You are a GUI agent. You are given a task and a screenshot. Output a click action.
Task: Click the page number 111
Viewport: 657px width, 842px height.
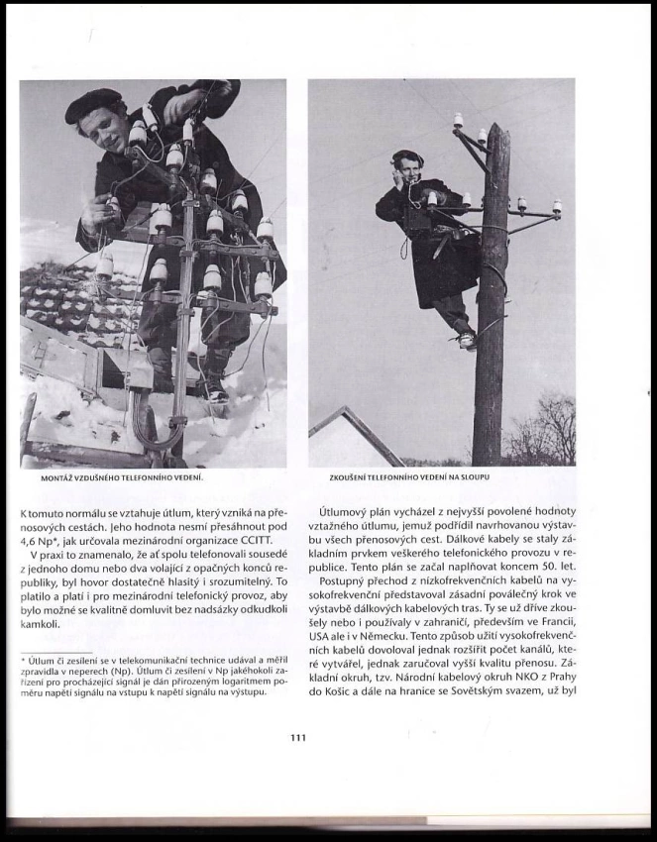point(299,736)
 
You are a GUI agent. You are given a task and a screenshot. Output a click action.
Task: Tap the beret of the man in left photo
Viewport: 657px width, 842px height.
point(92,103)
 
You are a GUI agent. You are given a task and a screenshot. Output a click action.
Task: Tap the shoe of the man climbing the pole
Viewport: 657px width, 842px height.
point(466,341)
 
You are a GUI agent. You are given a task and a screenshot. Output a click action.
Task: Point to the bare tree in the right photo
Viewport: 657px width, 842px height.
point(547,431)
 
